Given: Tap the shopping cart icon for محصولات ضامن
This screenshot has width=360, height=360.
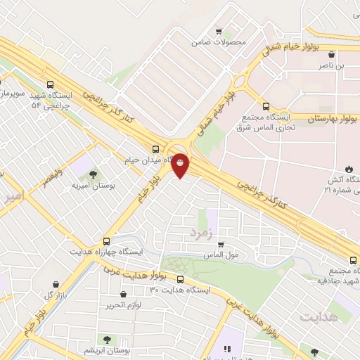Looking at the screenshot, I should point(218,31).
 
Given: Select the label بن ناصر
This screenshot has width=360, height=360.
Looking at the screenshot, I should point(333,65).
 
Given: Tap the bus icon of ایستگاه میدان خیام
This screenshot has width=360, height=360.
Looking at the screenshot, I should point(155,148).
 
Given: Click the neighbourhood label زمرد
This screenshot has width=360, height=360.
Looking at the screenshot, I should point(200,231).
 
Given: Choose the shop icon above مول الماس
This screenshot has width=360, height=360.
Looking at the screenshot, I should point(221,244).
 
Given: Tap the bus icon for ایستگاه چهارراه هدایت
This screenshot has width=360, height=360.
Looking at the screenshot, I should point(106,240).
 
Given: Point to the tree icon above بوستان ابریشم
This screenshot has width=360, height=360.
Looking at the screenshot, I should point(108,340).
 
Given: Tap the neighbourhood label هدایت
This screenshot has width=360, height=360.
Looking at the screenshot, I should point(319,317).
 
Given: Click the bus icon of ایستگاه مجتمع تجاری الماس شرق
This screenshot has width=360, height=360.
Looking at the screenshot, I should point(265,107).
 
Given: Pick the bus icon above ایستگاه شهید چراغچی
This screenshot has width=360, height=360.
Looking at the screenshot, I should point(50,84).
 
